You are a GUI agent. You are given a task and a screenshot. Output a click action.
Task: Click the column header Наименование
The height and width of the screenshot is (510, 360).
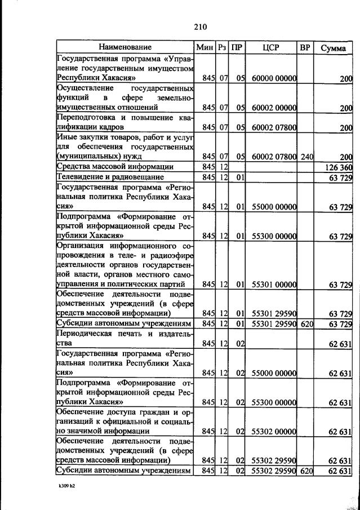click(x=125, y=47)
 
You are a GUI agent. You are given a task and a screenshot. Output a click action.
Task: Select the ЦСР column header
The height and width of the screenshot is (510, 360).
click(x=272, y=47)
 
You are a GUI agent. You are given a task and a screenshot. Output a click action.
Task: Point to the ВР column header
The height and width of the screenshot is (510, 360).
click(x=305, y=47)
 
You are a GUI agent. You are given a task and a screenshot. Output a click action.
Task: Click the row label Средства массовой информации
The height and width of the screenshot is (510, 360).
click(x=114, y=167)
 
